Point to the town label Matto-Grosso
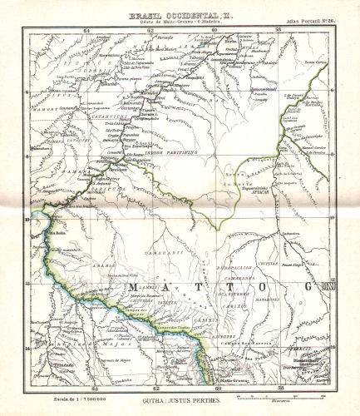click(x=218, y=379)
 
